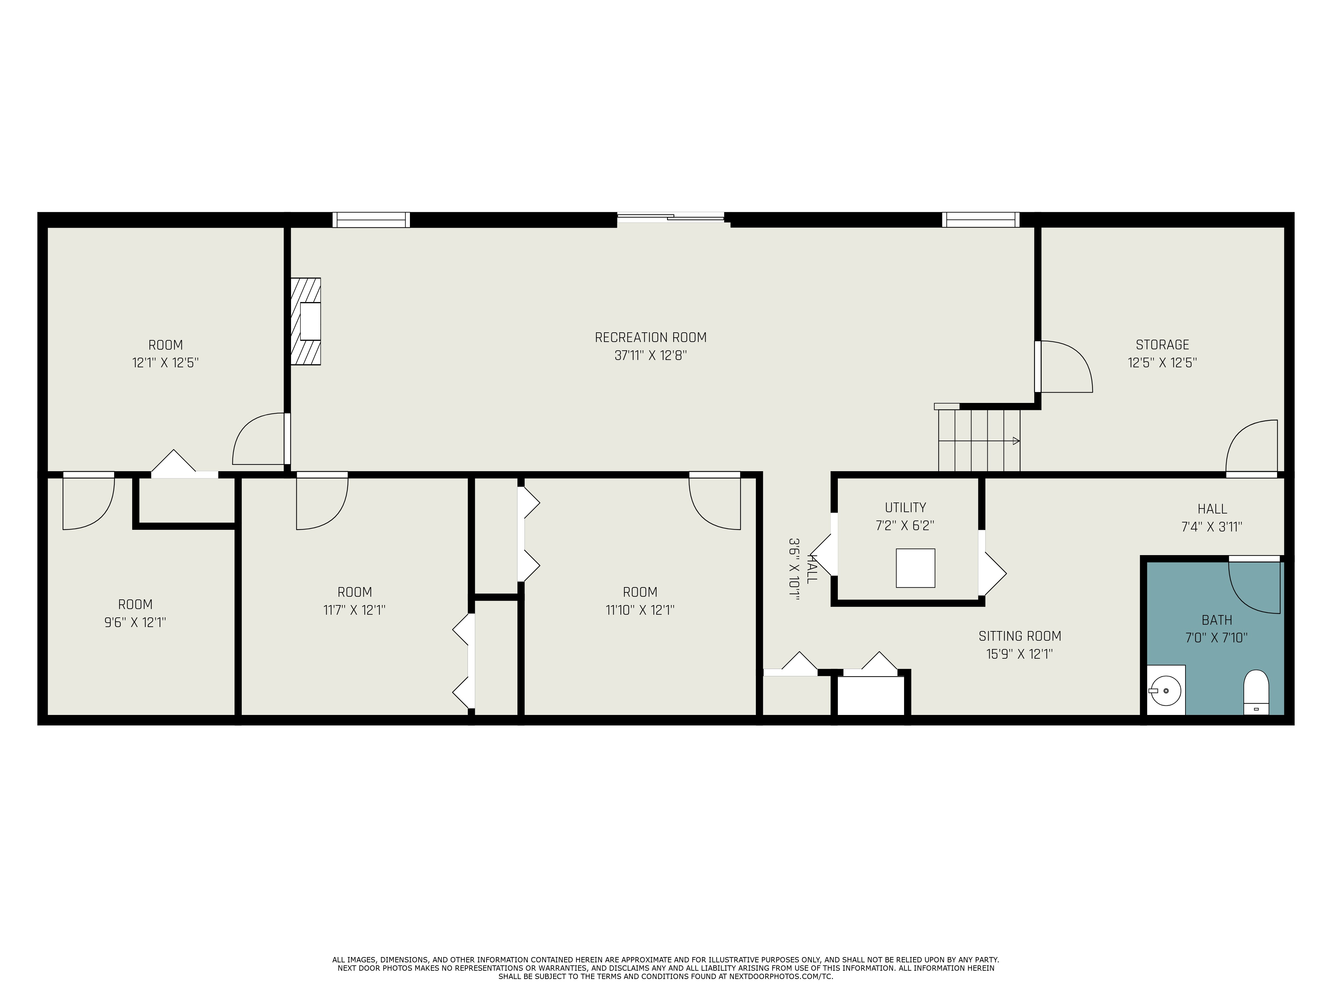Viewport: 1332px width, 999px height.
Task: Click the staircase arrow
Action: point(1015,441)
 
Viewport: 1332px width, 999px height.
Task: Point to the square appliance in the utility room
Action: point(915,568)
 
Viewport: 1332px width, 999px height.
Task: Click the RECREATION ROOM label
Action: point(650,338)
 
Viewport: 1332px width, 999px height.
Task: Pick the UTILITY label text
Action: point(905,507)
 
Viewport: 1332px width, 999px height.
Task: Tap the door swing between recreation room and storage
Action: point(1066,367)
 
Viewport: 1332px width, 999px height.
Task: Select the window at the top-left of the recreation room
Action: point(371,220)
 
